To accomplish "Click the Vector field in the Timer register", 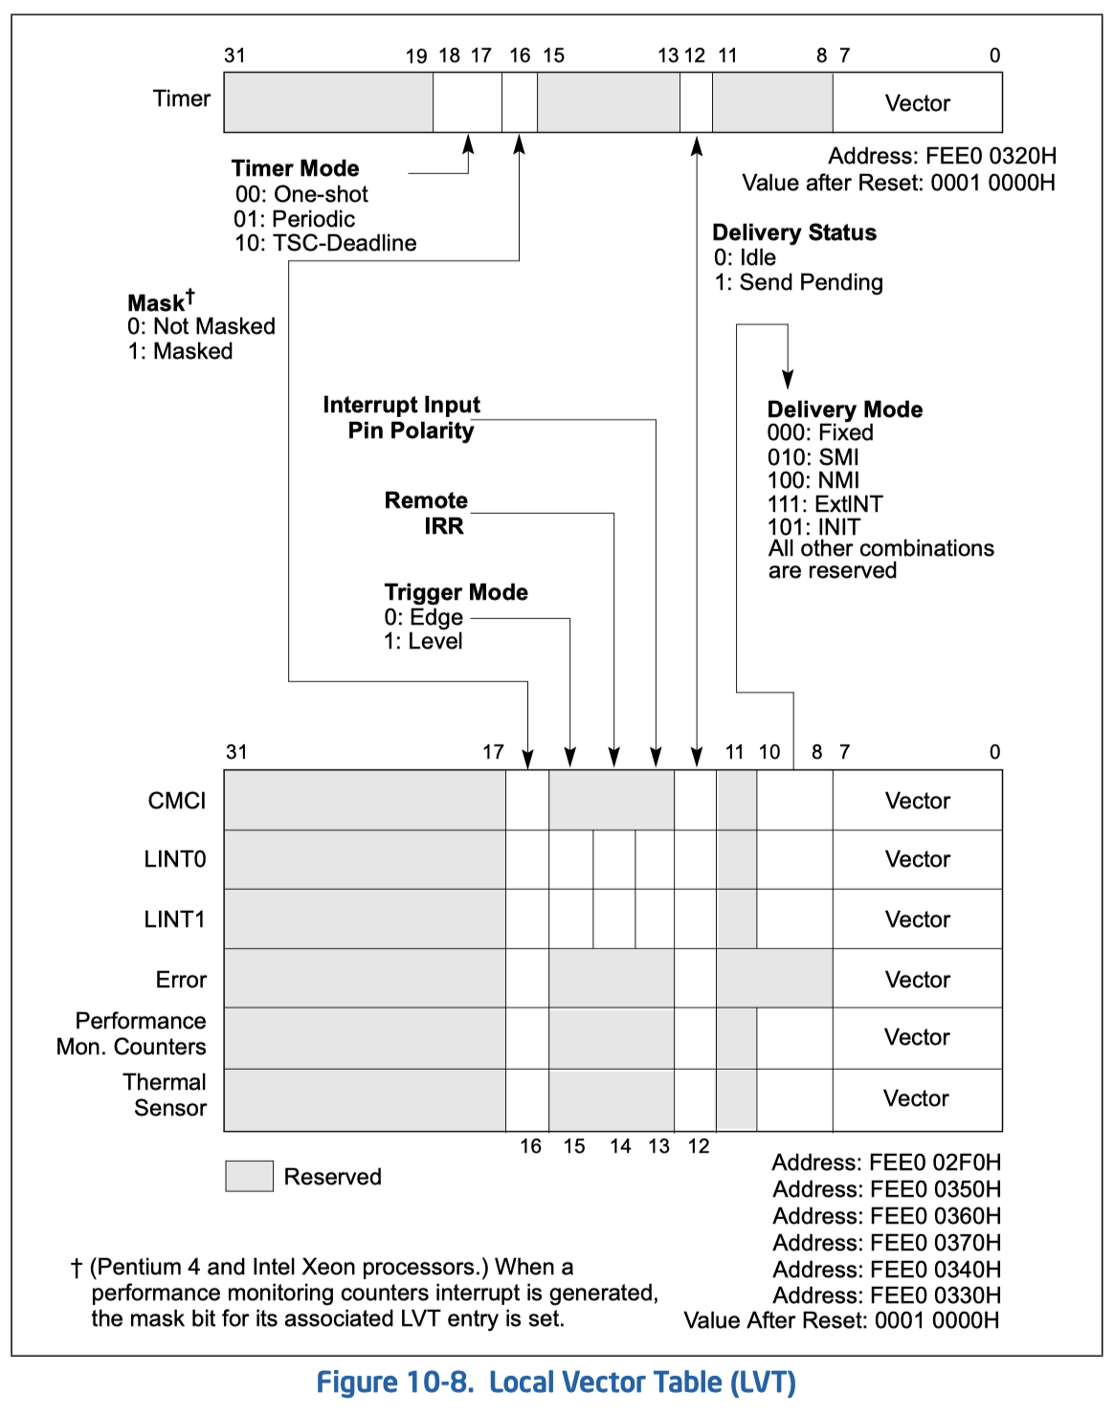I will point(917,103).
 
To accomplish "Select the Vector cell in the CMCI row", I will point(917,801).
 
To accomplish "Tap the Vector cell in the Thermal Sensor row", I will point(916,1098).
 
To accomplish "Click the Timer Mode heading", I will point(295,168).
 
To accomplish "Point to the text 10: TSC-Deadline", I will point(325,243).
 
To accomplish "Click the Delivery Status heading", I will point(793,233).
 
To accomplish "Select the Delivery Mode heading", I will point(844,410).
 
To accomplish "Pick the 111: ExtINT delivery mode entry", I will point(824,503).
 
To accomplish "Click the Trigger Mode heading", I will point(456,592).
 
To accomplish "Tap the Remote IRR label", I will point(427,513).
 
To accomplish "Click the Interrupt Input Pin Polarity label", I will point(402,417).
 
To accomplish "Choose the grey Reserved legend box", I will point(249,1176).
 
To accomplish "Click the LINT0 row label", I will point(174,859).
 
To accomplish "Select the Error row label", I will point(181,980).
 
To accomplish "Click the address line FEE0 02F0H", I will point(885,1163).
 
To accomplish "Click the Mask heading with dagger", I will point(160,302).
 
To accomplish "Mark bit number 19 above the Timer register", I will point(416,55).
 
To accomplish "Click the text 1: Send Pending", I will point(798,282).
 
